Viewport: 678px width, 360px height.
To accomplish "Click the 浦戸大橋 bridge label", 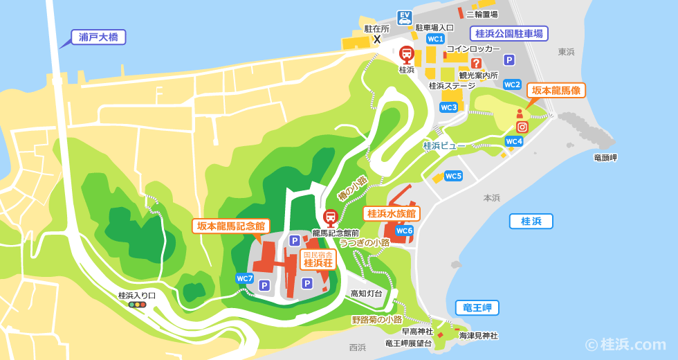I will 98,37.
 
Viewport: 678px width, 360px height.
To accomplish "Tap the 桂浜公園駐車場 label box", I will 508,33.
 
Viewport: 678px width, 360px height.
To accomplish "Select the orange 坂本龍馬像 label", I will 556,91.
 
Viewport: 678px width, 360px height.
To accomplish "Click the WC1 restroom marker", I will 435,39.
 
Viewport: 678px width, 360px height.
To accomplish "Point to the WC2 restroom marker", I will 512,84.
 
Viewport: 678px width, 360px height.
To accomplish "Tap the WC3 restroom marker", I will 448,107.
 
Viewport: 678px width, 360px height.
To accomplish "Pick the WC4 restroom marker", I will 513,141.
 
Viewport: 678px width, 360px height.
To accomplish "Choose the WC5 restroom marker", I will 453,176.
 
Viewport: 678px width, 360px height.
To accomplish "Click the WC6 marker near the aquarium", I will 404,231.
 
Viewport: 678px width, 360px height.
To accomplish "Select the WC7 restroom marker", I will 244,278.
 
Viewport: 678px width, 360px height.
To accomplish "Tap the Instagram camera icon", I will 522,127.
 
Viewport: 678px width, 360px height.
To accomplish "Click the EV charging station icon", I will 405,17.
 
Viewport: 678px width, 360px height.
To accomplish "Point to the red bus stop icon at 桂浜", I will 407,54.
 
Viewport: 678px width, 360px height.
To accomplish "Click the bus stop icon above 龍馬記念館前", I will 331,217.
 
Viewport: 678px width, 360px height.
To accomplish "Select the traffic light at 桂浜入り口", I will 137,305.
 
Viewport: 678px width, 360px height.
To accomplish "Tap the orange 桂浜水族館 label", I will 391,213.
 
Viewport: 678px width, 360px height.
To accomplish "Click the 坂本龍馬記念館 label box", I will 230,226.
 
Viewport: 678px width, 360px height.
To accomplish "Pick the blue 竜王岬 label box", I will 477,307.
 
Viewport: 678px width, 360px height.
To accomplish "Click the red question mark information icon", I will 476,63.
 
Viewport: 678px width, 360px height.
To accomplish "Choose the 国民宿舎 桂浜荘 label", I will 318,260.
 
